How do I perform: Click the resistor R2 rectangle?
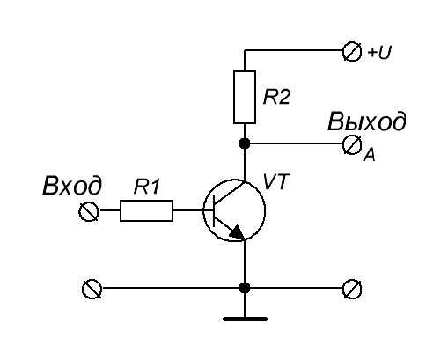tap(245, 97)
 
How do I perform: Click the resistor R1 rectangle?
tap(146, 210)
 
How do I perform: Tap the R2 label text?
tap(276, 97)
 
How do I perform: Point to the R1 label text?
tap(147, 187)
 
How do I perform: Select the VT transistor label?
tap(276, 182)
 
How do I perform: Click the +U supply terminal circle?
tap(352, 52)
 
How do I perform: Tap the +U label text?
tap(379, 53)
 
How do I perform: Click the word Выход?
tap(367, 121)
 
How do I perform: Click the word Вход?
tap(72, 186)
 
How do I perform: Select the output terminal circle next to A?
tap(352, 144)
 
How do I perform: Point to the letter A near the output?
tap(370, 155)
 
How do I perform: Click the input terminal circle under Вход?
tap(89, 211)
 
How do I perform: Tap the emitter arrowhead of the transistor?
tap(237, 232)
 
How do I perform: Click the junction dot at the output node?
tap(245, 143)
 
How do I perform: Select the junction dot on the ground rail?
tap(245, 288)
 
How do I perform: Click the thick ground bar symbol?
tap(245, 319)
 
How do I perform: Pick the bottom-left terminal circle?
tap(92, 289)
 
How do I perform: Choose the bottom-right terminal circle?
tap(352, 289)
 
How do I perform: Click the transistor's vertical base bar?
tap(214, 210)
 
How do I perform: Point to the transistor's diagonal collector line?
tap(229, 193)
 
